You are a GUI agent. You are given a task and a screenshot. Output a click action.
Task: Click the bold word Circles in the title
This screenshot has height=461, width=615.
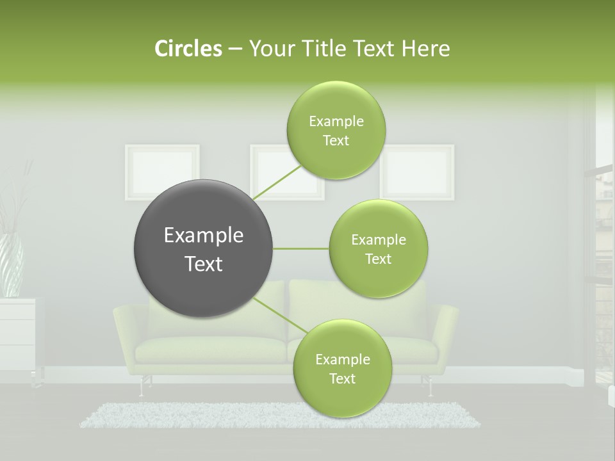188,48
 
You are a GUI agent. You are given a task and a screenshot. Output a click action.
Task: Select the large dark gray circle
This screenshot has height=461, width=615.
203,248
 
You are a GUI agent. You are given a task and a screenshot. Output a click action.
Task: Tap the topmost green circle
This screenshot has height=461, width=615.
336,130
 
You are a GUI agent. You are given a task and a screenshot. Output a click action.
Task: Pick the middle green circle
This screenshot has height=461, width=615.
378,248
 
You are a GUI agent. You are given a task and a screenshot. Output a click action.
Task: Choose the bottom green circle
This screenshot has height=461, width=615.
342,368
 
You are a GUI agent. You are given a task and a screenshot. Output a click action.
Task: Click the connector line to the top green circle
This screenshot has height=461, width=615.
277,182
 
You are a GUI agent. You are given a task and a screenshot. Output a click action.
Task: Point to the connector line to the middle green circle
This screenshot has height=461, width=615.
301,248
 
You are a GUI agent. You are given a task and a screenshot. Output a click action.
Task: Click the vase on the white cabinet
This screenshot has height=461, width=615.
12,265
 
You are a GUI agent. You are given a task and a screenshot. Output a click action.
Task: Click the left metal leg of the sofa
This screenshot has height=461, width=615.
141,386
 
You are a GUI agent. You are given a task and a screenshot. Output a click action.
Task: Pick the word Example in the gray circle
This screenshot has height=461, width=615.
203,236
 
